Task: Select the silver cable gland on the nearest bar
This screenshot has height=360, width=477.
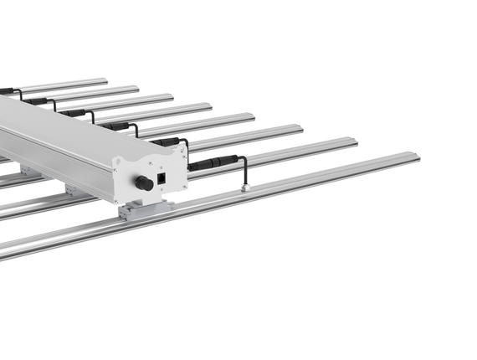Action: pyautogui.click(x=245, y=188)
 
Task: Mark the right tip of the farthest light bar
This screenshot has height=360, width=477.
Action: pyautogui.click(x=105, y=81)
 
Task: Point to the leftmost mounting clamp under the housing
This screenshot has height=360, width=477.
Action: pyautogui.click(x=30, y=171)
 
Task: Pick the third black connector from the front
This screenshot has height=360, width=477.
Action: pyautogui.click(x=117, y=126)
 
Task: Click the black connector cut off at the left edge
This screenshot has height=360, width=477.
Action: pyautogui.click(x=5, y=90)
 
